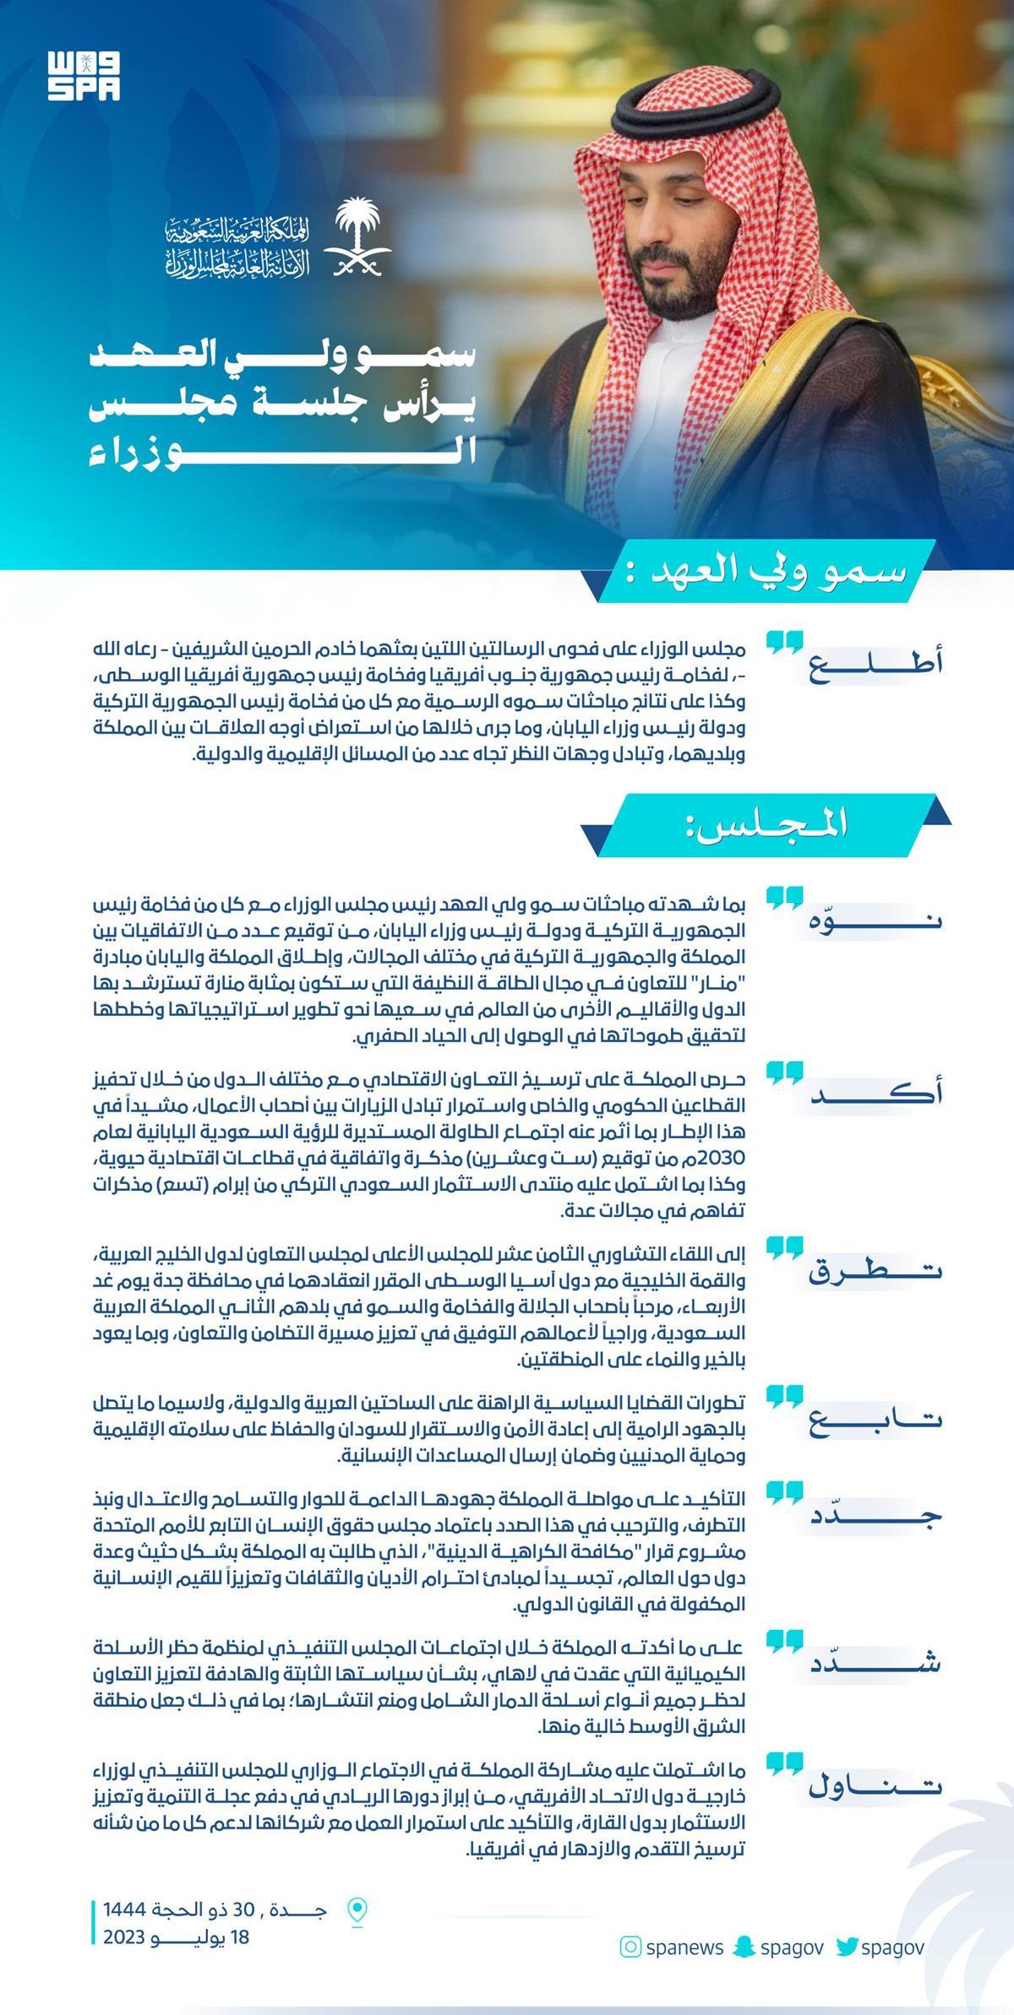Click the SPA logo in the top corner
(x=84, y=76)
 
